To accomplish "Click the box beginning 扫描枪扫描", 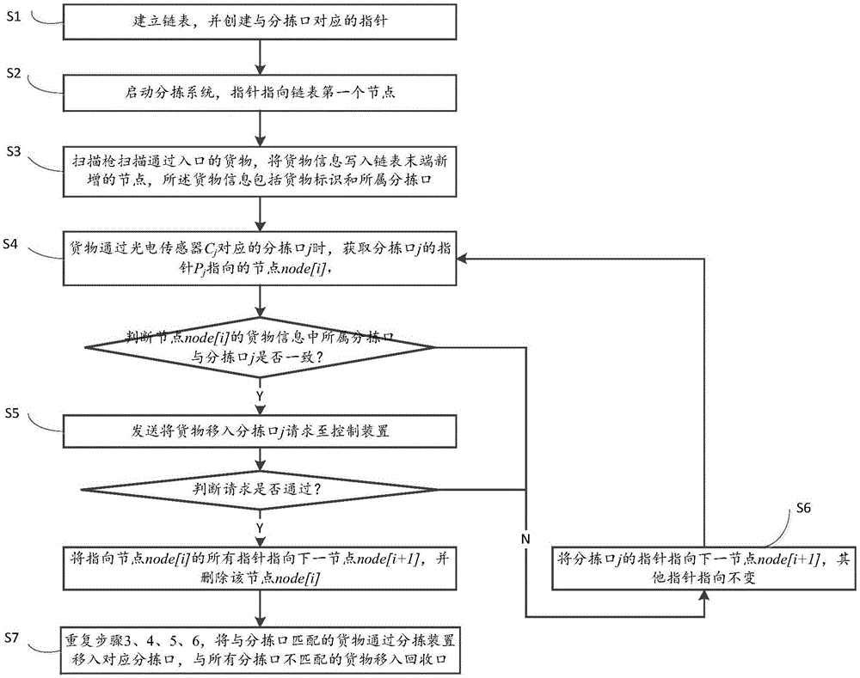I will pyautogui.click(x=258, y=170).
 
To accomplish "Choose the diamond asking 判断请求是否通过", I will pyautogui.click(x=258, y=490).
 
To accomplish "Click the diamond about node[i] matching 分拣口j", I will pyautogui.click(x=258, y=348).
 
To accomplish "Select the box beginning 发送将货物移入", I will pyautogui.click(x=258, y=431).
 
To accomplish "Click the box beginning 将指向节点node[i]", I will pyautogui.click(x=258, y=566).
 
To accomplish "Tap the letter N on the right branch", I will pyautogui.click(x=525, y=537).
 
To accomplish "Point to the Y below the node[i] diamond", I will pyautogui.click(x=259, y=394).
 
